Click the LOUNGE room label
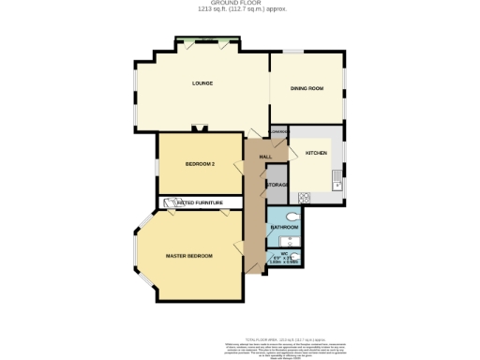click(x=202, y=83)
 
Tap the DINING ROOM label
click(x=307, y=88)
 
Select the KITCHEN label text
click(x=316, y=152)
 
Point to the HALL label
click(x=265, y=156)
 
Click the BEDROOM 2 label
click(x=200, y=164)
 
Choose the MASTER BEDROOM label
click(x=188, y=256)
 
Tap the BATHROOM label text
click(x=284, y=228)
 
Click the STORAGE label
click(x=277, y=186)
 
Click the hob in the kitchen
click(x=303, y=197)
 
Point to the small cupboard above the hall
click(x=278, y=132)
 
